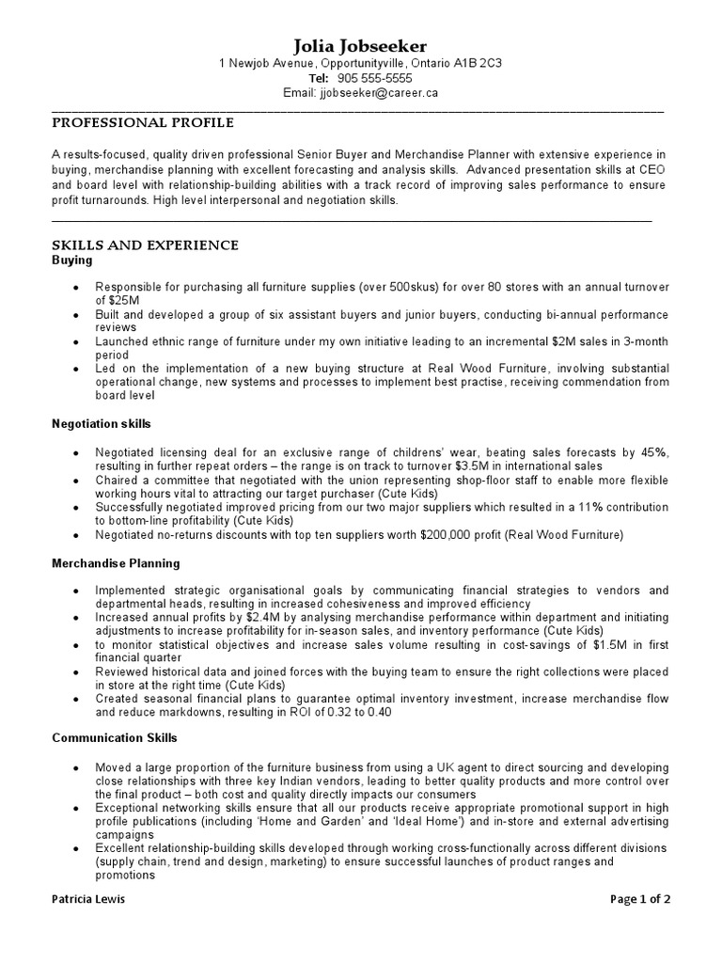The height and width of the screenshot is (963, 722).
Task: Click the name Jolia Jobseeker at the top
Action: pos(360,45)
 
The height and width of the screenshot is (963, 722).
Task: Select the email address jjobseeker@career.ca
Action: pos(379,94)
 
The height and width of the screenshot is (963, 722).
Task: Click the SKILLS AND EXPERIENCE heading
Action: pos(145,245)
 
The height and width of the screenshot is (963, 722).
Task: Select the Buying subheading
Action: pos(71,260)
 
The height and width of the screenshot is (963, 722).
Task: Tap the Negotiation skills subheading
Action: pos(101,424)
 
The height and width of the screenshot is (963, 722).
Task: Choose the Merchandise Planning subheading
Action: pos(115,563)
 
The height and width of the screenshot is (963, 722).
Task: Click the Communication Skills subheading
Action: pos(114,738)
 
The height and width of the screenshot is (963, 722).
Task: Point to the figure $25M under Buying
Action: pos(111,299)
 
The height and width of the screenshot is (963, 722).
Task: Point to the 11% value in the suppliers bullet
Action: pos(588,507)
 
